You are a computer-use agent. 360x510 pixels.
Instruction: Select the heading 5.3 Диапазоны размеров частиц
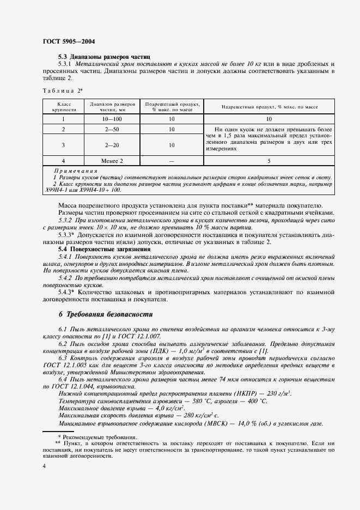(104, 57)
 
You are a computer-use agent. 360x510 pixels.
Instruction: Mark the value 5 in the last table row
(269, 161)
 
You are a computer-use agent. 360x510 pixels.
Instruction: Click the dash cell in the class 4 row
(172, 161)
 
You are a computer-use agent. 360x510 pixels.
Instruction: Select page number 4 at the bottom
(44, 466)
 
